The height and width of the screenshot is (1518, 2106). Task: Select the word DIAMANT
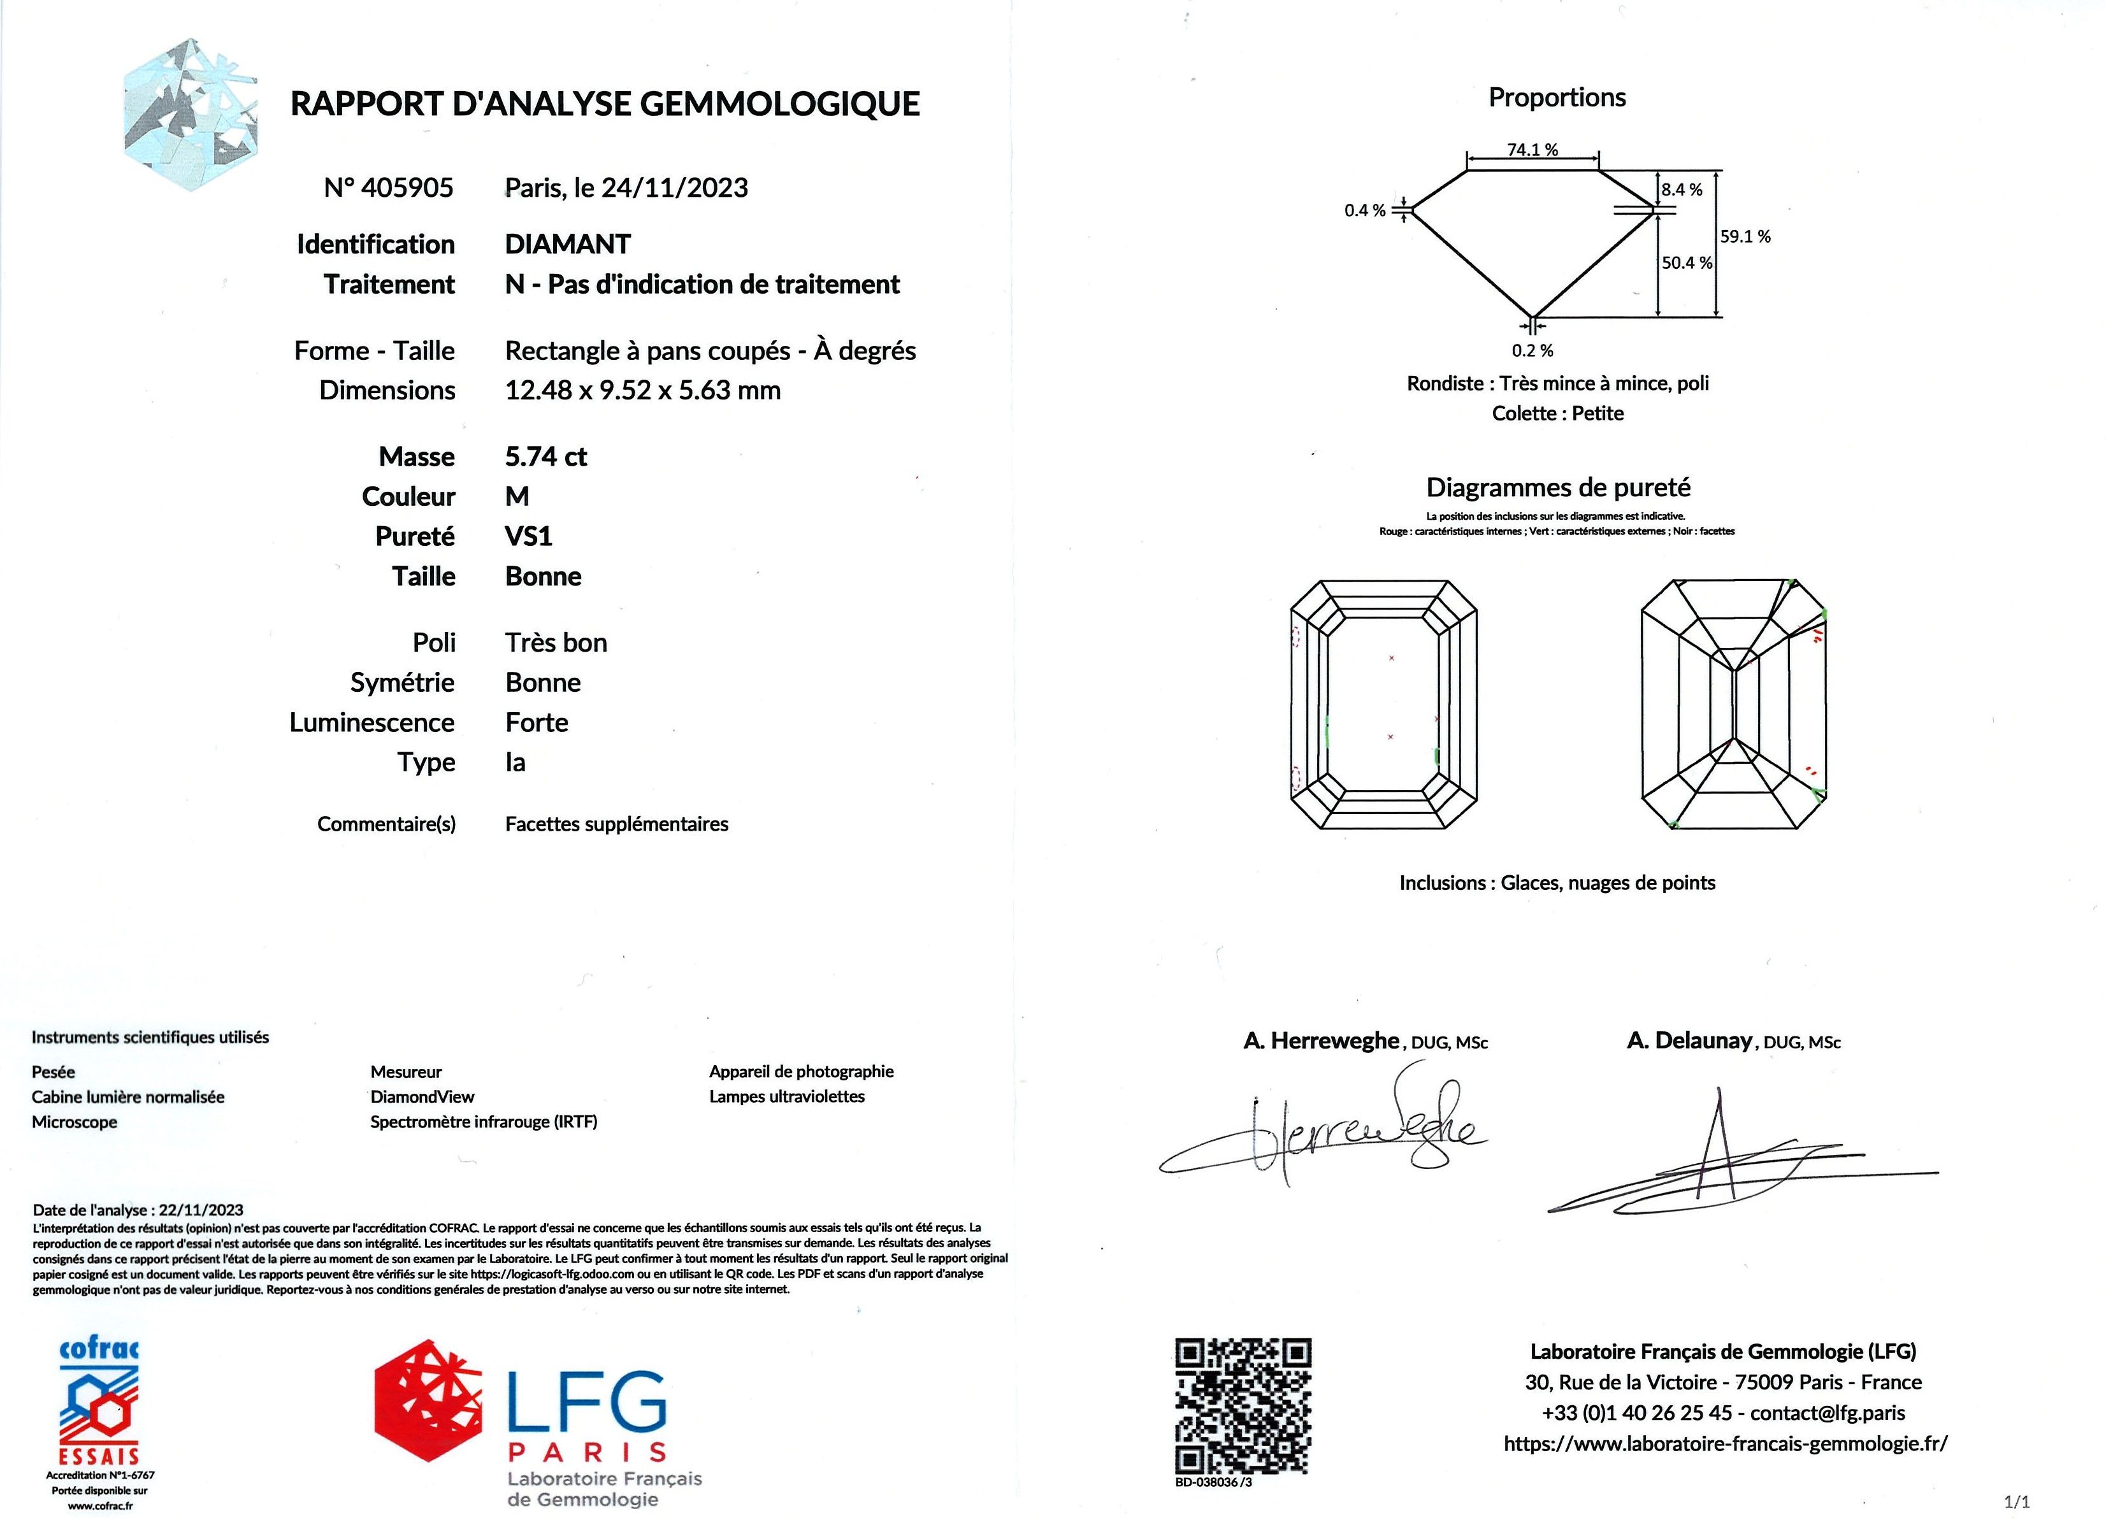point(567,244)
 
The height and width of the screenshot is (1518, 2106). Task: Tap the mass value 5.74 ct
point(546,457)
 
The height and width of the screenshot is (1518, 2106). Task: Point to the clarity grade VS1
point(528,536)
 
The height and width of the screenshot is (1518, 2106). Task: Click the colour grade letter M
point(517,497)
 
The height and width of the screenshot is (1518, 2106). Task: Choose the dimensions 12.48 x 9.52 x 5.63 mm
point(642,390)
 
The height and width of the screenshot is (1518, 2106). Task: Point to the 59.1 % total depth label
point(1745,237)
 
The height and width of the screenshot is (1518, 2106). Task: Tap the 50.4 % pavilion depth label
point(1686,262)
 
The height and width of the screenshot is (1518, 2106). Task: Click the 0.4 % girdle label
point(1364,211)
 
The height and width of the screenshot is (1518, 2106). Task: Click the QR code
point(1243,1405)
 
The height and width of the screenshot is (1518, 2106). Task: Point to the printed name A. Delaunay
point(1689,1041)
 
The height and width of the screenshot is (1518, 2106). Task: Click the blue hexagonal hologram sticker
point(191,114)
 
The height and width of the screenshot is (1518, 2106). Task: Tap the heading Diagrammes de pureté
point(1558,487)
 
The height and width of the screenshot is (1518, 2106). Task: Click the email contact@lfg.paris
point(1828,1413)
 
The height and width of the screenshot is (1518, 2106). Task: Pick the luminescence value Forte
point(537,722)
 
